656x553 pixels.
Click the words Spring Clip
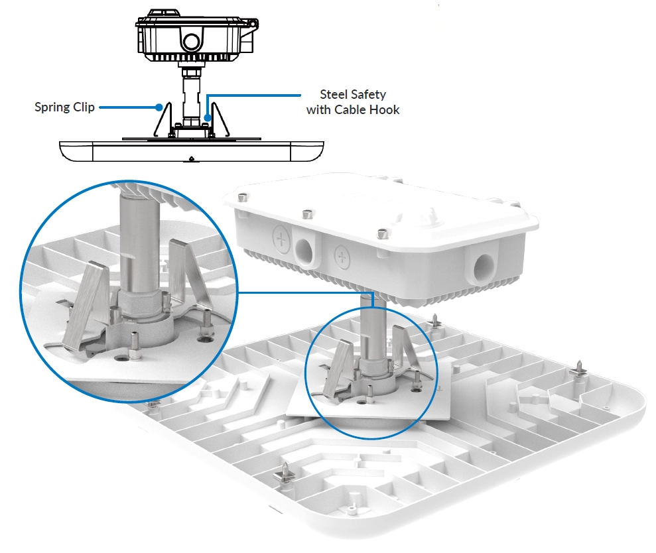(x=64, y=107)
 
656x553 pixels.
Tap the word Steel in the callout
(x=334, y=95)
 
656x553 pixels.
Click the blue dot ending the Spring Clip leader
(x=159, y=107)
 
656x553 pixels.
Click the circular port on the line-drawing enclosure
(x=192, y=42)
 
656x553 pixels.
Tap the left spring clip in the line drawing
(x=163, y=119)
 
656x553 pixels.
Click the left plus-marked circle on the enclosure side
(x=281, y=239)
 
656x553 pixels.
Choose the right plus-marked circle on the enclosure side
(x=342, y=256)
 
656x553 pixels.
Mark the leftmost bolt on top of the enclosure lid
(x=241, y=197)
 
